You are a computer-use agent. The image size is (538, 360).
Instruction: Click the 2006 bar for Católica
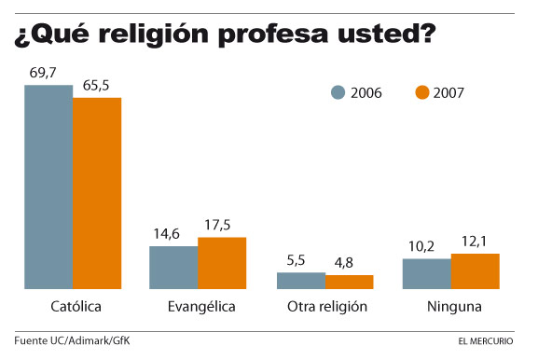point(48,187)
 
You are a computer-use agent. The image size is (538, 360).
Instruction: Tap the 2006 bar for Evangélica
point(173,268)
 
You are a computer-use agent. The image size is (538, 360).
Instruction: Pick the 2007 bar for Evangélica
point(222,263)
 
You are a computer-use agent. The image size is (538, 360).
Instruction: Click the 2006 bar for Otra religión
point(300,281)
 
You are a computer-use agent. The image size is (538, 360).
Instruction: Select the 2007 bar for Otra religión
point(349,282)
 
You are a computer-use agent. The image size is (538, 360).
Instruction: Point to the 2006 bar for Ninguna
point(426,273)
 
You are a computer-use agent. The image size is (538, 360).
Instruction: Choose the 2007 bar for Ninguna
point(476,270)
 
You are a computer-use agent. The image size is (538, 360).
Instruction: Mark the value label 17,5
point(222,225)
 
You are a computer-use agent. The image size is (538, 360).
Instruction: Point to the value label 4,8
point(349,263)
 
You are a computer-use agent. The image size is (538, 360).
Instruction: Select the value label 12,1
point(476,242)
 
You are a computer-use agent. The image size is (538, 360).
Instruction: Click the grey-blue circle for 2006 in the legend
point(338,92)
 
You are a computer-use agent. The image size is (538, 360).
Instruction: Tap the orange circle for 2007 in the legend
point(421,92)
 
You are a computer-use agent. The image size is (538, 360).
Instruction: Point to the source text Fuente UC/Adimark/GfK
point(72,339)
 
